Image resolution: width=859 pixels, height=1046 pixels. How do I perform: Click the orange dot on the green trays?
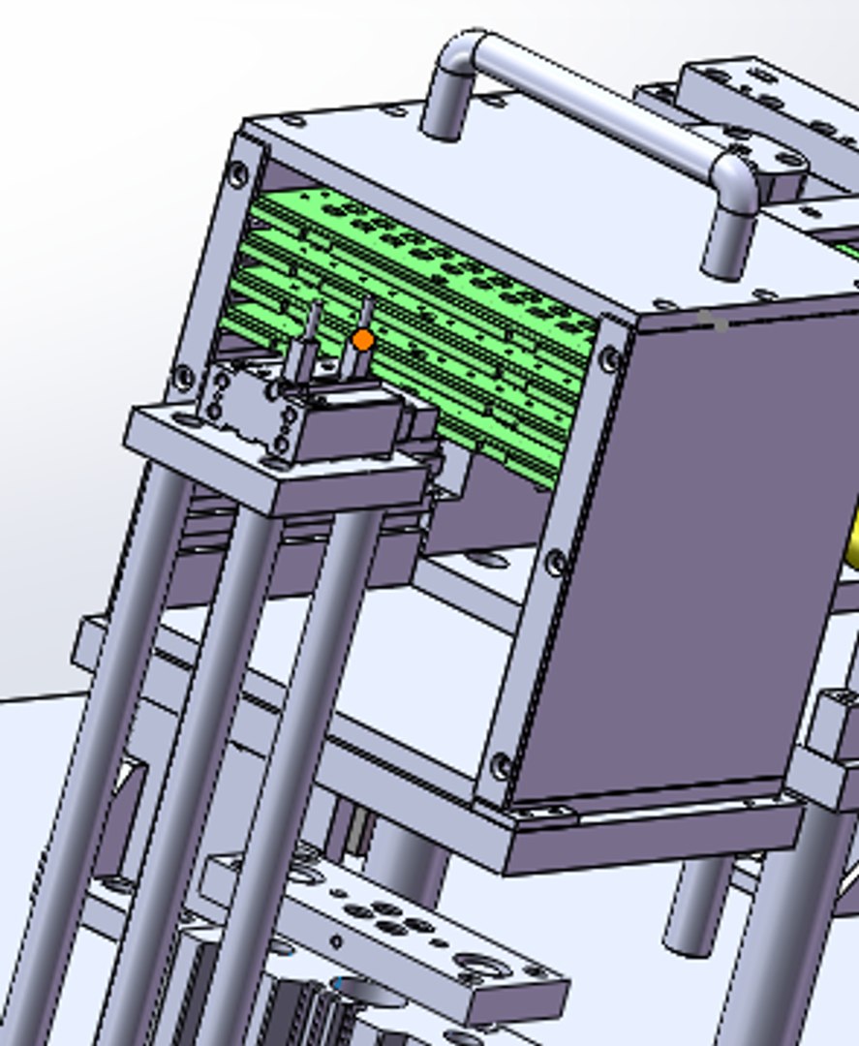coord(363,340)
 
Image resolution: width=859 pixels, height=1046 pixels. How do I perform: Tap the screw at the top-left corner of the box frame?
coord(238,174)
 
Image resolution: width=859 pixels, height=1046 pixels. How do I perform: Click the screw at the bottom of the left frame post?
coord(183,376)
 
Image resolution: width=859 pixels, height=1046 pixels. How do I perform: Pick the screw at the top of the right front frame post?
coord(610,359)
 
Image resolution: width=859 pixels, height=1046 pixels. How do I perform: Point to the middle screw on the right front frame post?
coord(556,562)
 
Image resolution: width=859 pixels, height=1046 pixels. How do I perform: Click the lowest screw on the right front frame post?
coord(501,766)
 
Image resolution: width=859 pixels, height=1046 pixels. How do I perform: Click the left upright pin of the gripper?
coord(313,334)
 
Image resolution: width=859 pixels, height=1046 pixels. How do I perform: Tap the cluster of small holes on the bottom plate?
coord(387,915)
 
